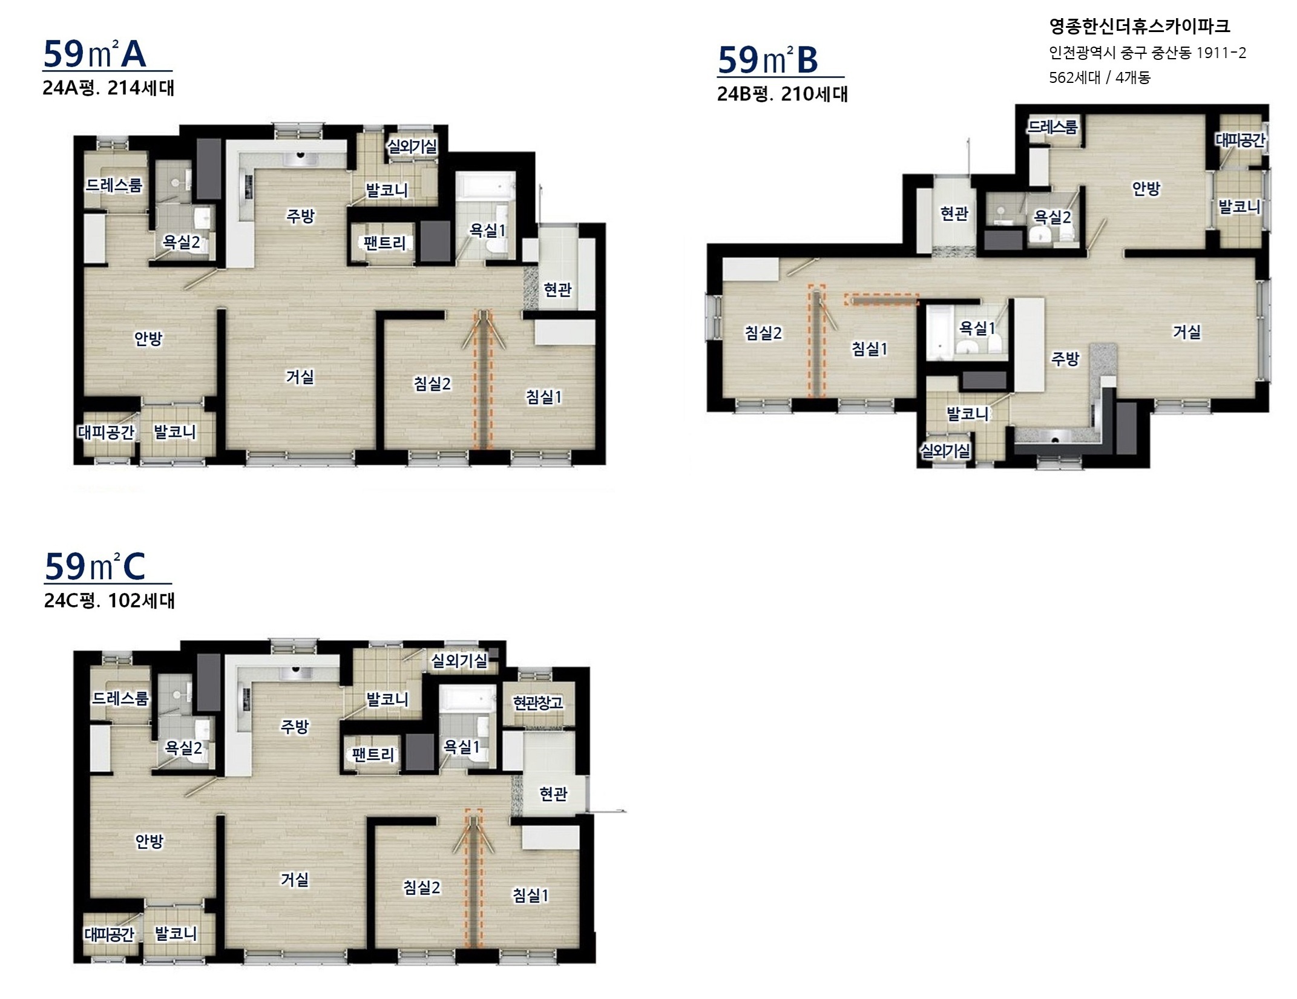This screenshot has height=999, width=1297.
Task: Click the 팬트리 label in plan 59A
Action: pos(384,243)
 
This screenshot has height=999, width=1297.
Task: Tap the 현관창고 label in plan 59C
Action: pos(537,703)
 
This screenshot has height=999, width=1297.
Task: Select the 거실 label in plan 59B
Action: pos(1187,332)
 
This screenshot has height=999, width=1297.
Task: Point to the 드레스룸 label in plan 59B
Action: pos(1053,127)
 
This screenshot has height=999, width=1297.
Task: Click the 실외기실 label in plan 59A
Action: pos(412,146)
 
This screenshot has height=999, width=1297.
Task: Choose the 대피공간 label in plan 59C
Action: pos(110,934)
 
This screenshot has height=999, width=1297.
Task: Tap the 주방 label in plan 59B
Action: pos(1065,359)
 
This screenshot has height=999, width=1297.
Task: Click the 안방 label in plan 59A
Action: pos(148,338)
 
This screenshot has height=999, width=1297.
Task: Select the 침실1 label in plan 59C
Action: pos(531,895)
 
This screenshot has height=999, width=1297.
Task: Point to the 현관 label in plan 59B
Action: pos(954,213)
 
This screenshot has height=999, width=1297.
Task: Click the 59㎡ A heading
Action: pos(95,54)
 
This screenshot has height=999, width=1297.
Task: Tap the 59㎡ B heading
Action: pos(768,60)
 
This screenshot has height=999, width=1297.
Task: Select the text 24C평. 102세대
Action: pos(110,600)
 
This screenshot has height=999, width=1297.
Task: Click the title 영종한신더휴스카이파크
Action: pos(1140,26)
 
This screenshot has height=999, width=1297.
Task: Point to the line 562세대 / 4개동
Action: pos(1100,77)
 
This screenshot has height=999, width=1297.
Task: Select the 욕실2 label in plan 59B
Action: pos(1052,217)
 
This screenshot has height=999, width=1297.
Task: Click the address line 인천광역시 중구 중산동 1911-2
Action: pos(1148,53)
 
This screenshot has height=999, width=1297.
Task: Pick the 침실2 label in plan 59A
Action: pos(432,384)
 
